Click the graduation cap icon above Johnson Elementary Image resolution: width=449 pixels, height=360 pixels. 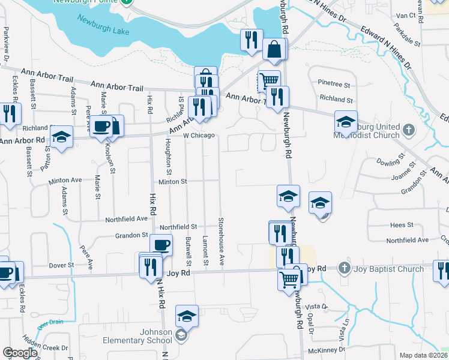tap(187, 316)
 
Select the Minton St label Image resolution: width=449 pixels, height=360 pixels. tap(173, 181)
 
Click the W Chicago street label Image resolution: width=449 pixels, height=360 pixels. tap(199, 135)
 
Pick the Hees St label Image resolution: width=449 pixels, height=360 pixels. tap(398, 224)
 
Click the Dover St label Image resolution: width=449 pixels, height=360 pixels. tap(61, 265)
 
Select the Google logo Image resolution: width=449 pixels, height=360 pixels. tap(20, 353)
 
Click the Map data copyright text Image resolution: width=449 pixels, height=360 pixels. tap(423, 355)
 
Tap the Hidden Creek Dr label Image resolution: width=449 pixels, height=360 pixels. tap(49, 347)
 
